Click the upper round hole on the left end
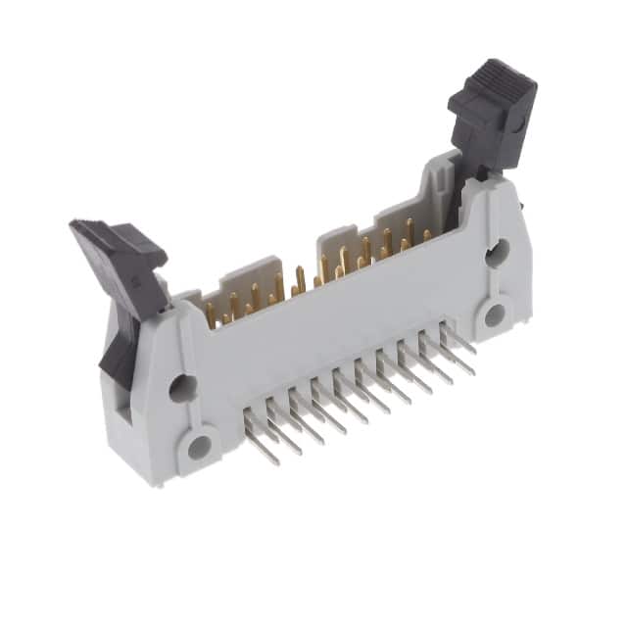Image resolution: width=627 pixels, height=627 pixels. [181, 388]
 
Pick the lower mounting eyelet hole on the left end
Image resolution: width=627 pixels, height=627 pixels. [199, 448]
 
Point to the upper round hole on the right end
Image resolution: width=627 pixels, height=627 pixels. [497, 251]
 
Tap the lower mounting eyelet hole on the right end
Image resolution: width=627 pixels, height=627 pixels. [494, 314]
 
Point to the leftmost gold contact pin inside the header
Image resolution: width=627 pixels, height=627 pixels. [210, 314]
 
